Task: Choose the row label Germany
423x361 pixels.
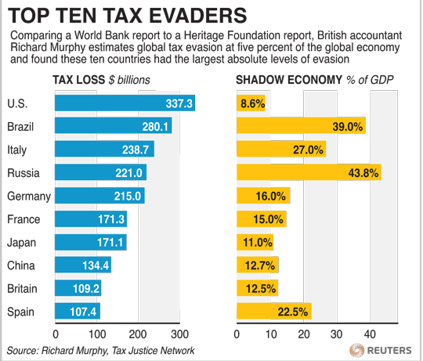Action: (28, 196)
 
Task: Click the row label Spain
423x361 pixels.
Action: (21, 312)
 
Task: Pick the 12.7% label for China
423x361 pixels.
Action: (258, 265)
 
